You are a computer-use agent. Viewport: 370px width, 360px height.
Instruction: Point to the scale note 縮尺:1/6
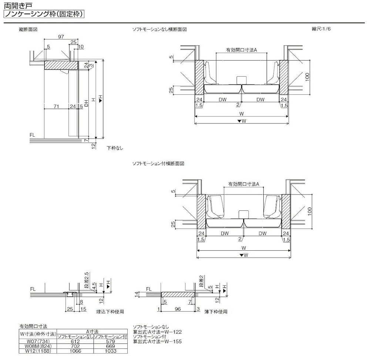(x=322, y=29)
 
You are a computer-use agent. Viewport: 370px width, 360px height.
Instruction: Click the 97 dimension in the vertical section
(x=61, y=36)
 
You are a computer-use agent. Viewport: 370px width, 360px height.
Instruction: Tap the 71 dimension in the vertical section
(x=56, y=106)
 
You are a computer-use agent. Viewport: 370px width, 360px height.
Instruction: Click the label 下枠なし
(x=115, y=148)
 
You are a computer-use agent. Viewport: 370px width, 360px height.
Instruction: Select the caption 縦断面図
(x=28, y=29)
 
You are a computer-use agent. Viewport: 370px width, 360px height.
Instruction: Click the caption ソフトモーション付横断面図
(x=158, y=163)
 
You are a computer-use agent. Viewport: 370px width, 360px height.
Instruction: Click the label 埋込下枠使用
(x=110, y=312)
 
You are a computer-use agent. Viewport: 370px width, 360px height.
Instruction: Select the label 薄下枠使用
(x=216, y=312)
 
